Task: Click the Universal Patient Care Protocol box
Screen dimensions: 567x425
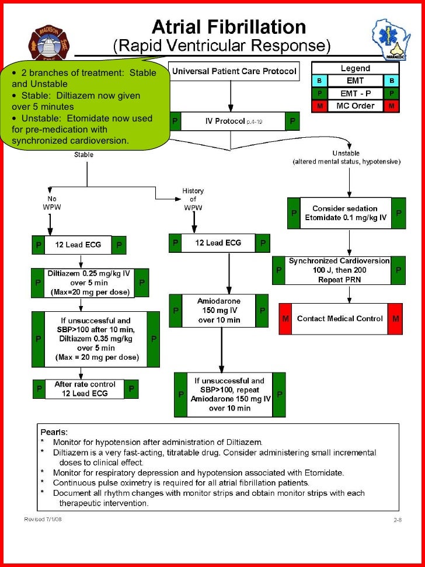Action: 234,73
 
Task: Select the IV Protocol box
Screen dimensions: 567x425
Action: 234,121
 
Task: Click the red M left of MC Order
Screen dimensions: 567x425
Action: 319,106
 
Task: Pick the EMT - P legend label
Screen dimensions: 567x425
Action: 355,93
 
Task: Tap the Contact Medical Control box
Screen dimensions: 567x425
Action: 340,319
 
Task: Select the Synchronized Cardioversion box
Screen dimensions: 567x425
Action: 339,270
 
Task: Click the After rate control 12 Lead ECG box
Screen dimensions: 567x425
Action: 85,389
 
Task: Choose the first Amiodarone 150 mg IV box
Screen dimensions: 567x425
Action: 219,310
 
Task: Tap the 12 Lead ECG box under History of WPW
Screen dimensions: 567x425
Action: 218,243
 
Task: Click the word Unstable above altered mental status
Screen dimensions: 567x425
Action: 350,153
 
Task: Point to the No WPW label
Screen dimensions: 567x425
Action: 51,202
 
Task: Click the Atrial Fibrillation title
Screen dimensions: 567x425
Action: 228,27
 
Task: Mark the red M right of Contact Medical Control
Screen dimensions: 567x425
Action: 396,319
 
